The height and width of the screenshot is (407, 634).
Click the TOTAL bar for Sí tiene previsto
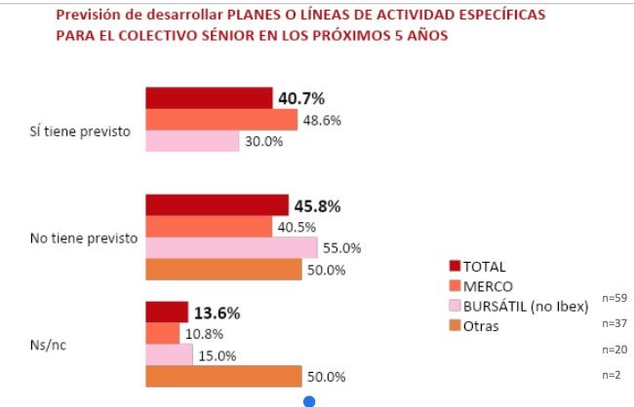[208, 98]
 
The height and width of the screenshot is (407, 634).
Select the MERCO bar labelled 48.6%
[220, 120]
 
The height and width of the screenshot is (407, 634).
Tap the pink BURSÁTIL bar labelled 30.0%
[191, 141]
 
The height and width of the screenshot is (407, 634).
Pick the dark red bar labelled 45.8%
[217, 205]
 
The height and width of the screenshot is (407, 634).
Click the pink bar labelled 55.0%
[224, 248]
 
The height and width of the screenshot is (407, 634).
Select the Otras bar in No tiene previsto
[223, 270]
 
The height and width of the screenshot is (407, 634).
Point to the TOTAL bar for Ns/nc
[166, 313]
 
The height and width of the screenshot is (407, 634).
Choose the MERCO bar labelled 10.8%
[162, 334]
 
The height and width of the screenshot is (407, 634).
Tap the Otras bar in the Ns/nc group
[223, 377]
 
